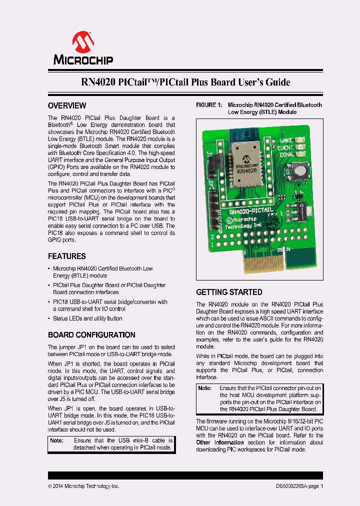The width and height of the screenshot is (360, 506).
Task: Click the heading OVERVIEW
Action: (x=67, y=106)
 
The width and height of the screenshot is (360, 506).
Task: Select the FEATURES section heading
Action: (x=67, y=256)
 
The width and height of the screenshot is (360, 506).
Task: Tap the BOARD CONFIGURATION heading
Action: (x=91, y=335)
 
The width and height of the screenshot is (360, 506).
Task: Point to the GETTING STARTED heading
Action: (x=229, y=292)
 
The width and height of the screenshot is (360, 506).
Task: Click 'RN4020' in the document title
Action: (x=98, y=82)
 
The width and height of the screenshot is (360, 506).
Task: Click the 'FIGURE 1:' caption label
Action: (x=208, y=105)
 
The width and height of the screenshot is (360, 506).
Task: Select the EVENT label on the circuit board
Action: (x=285, y=147)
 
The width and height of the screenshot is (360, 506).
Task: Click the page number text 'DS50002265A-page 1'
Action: (x=299, y=486)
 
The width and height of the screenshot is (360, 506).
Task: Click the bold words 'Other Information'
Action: (x=220, y=442)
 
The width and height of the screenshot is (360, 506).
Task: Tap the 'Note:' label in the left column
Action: (x=56, y=440)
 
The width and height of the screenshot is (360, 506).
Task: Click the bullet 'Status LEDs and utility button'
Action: (x=87, y=318)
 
